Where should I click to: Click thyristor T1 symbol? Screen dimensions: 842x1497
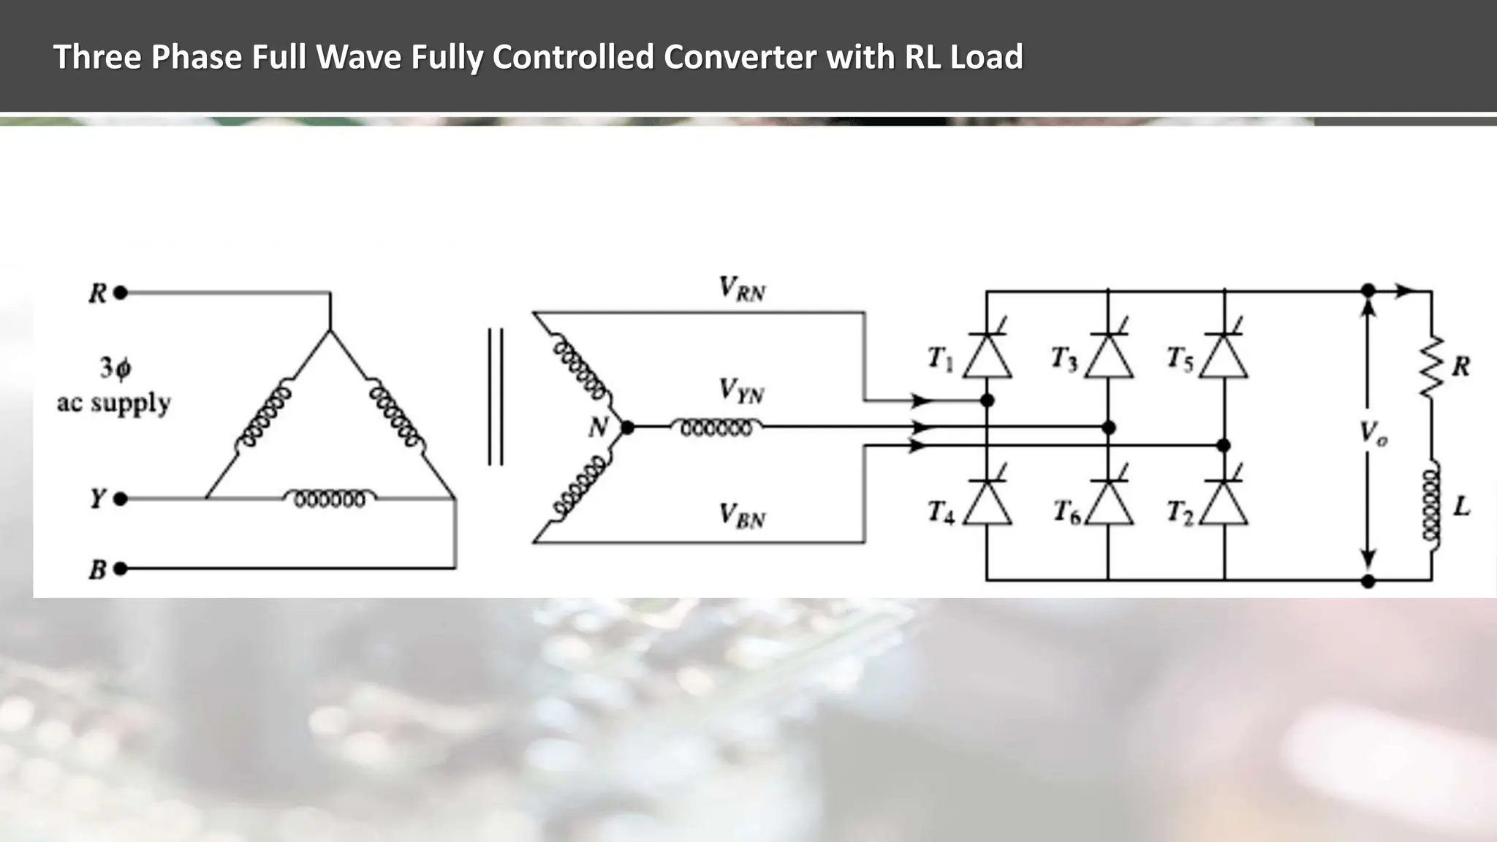(x=987, y=356)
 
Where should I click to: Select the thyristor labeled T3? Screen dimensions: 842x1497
(x=1108, y=356)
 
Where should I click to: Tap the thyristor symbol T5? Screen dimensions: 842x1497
(x=1224, y=356)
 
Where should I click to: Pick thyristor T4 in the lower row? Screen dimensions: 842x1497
(x=987, y=504)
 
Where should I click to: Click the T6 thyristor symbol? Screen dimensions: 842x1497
(x=1108, y=504)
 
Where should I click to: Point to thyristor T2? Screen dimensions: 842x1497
(x=1224, y=504)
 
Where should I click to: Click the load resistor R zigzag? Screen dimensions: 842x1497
(x=1431, y=367)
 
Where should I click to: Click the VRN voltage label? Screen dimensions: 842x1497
(x=742, y=289)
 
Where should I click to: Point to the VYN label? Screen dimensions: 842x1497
(x=741, y=391)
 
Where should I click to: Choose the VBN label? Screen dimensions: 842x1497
(x=741, y=516)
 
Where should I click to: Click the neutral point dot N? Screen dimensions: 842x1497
(x=626, y=428)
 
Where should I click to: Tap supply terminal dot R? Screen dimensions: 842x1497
(x=121, y=293)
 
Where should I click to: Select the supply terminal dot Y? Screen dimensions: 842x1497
(x=121, y=499)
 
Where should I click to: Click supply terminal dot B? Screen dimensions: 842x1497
(x=121, y=569)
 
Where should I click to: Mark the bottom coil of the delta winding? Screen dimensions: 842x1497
(x=330, y=498)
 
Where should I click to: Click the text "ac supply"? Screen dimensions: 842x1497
(x=114, y=403)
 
